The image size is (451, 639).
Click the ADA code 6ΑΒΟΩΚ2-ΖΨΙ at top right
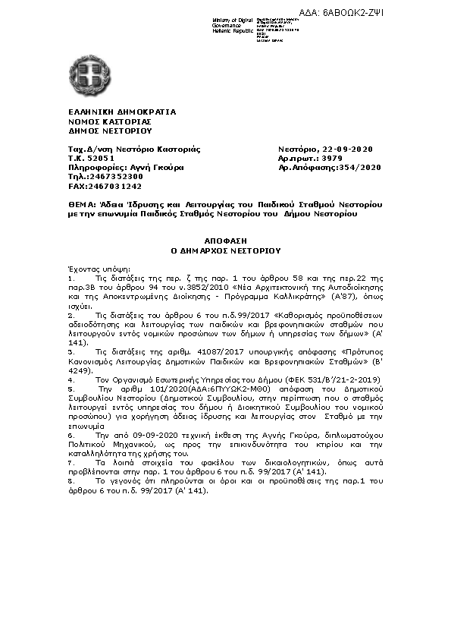[404, 13]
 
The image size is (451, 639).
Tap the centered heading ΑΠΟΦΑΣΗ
[225, 239]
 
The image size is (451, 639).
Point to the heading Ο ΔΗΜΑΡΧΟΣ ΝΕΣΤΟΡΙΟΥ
[225, 249]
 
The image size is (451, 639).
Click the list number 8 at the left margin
[70, 480]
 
